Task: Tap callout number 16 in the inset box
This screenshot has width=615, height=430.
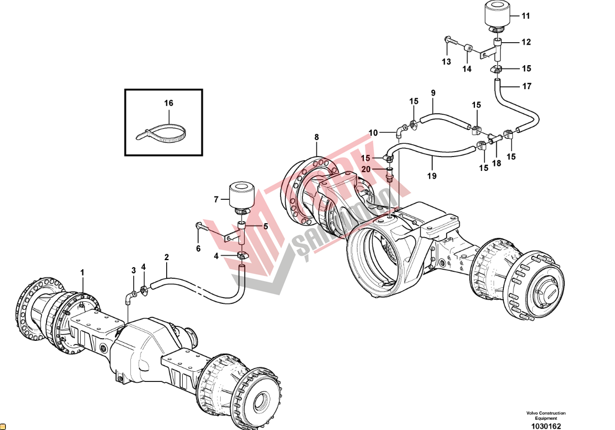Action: tap(168, 103)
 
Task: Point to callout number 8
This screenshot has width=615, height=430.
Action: tap(316, 137)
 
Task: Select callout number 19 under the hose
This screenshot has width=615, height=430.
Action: tap(432, 175)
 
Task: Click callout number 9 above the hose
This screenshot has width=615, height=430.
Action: tap(433, 93)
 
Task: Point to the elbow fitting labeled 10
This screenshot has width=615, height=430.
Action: tap(400, 129)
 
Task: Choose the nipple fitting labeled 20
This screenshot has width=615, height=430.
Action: tap(390, 176)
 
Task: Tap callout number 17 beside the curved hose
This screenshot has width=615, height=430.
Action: tap(527, 86)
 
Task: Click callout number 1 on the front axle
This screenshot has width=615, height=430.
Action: tap(82, 272)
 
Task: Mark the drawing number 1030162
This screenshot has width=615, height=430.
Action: tap(545, 426)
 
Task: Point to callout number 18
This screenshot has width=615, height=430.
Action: tap(496, 163)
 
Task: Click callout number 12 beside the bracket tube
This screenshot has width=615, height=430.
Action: tap(526, 42)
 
